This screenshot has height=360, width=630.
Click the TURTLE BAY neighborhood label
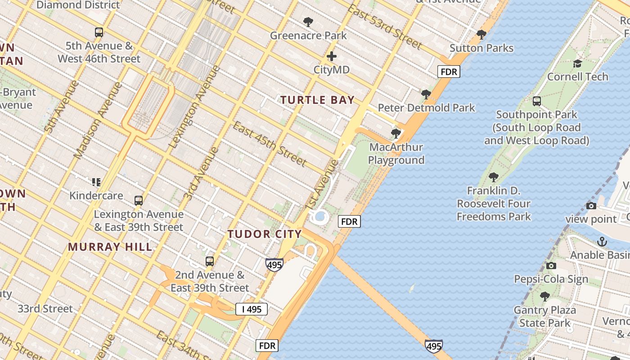pyautogui.click(x=318, y=100)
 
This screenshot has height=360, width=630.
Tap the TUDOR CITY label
pyautogui.click(x=264, y=234)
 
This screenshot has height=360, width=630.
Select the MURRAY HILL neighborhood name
pyautogui.click(x=110, y=247)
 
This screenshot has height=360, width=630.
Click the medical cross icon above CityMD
pyautogui.click(x=332, y=56)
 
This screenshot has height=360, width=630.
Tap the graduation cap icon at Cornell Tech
pyautogui.click(x=577, y=63)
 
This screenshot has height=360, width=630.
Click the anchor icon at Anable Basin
pyautogui.click(x=602, y=242)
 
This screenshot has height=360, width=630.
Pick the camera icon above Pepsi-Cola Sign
pyautogui.click(x=551, y=265)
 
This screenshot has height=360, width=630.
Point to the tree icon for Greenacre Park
pyautogui.click(x=308, y=22)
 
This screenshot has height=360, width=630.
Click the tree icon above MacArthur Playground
pyautogui.click(x=396, y=133)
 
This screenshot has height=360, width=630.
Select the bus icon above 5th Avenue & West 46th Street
pyautogui.click(x=99, y=32)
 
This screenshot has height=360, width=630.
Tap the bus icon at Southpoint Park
pyautogui.click(x=536, y=101)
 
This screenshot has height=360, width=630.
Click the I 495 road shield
pyautogui.click(x=252, y=309)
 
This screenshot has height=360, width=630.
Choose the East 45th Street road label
pyautogui.click(x=270, y=144)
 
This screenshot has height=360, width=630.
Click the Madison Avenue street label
pyautogui.click(x=98, y=120)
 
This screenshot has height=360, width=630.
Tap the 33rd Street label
pyautogui.click(x=45, y=309)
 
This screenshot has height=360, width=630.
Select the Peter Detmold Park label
pyautogui.click(x=426, y=108)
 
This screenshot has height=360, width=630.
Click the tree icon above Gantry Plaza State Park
pyautogui.click(x=544, y=297)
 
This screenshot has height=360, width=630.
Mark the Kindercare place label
pyautogui.click(x=96, y=196)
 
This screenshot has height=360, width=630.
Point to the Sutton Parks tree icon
pyautogui.click(x=481, y=34)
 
